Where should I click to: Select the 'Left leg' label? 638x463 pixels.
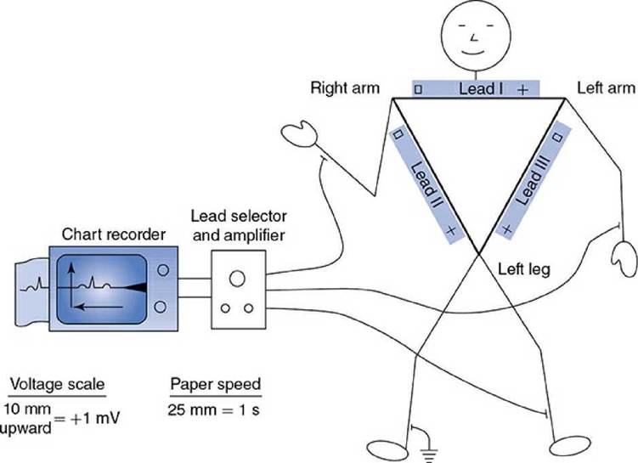[523, 270]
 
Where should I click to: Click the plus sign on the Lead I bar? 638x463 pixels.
[522, 89]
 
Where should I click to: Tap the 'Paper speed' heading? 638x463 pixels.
[215, 384]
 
